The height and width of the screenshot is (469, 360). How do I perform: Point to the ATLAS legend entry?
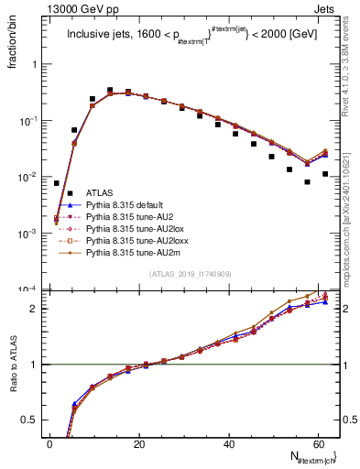point(101,192)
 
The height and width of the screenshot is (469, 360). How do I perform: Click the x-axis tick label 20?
point(139,444)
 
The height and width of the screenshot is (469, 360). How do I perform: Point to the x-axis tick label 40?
point(229,444)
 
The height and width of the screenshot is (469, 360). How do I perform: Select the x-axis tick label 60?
point(318,444)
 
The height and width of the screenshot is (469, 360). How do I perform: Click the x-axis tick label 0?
point(50,444)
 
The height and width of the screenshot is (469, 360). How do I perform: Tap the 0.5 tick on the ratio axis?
point(35,420)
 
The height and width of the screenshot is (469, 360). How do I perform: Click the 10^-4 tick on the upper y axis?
point(31,289)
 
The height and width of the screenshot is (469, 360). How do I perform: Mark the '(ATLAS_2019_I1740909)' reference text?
point(191,274)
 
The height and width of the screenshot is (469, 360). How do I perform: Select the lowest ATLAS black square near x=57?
point(308,181)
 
